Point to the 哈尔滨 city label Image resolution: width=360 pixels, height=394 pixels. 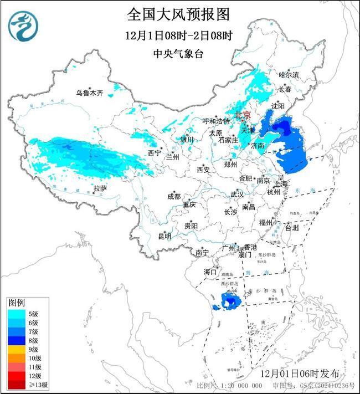(289, 74)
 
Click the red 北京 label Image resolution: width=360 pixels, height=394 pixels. (243, 115)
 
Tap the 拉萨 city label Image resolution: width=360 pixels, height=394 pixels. (100, 189)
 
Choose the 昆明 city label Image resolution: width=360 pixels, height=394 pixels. (164, 236)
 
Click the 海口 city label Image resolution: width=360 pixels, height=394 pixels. (209, 272)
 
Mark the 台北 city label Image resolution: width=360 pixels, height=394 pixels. (291, 227)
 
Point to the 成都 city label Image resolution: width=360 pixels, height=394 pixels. (173, 196)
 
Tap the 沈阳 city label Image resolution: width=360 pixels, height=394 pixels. (277, 105)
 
